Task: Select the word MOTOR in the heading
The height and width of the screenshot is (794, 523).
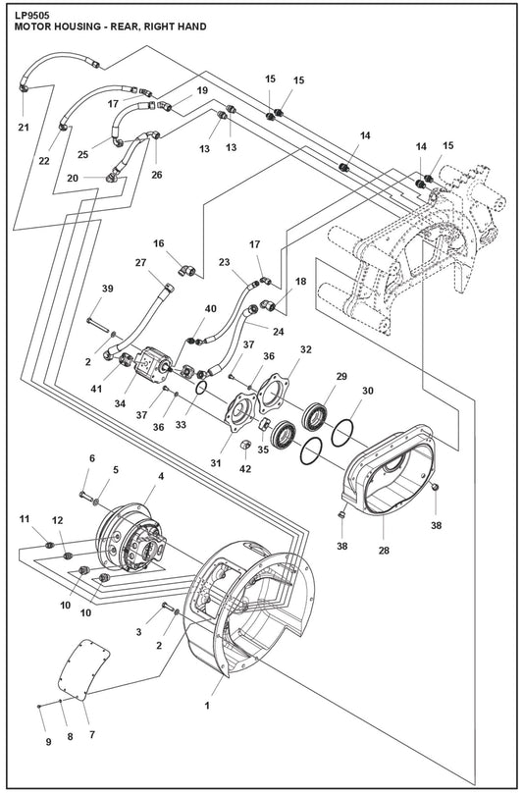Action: click(x=35, y=27)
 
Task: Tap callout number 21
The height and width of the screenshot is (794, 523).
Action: click(x=23, y=126)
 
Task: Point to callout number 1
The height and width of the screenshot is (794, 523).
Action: click(x=207, y=705)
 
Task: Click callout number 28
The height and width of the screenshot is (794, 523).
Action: click(x=385, y=550)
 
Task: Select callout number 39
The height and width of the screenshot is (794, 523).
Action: click(x=107, y=288)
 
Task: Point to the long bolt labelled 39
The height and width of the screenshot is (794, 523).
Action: click(x=95, y=322)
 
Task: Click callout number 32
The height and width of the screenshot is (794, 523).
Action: click(x=306, y=348)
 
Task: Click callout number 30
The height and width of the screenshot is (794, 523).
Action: click(x=368, y=391)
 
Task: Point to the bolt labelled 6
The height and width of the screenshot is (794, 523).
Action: click(x=85, y=493)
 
